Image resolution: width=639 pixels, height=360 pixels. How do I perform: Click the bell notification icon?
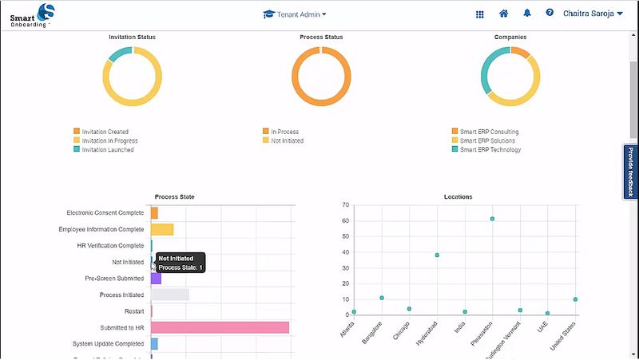[526, 14]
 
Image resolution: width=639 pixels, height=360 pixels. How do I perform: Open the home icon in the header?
[503, 14]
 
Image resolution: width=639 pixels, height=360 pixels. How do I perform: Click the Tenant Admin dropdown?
[295, 14]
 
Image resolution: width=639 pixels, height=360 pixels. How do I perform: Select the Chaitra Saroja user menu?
[593, 14]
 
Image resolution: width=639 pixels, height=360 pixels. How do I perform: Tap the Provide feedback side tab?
[630, 172]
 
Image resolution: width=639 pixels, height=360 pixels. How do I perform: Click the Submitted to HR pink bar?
[220, 327]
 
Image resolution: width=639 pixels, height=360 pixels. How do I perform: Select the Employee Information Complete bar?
[162, 230]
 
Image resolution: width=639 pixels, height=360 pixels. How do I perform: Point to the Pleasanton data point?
[493, 219]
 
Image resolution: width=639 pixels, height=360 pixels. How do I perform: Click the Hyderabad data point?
[437, 255]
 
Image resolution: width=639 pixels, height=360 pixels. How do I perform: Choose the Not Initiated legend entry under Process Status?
[287, 140]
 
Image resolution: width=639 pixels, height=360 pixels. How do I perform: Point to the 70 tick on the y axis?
[346, 205]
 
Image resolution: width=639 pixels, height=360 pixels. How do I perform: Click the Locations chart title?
[458, 196]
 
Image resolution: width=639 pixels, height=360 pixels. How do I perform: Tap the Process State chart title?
[174, 196]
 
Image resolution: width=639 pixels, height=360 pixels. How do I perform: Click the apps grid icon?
[480, 14]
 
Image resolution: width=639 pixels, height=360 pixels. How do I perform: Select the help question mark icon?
[550, 14]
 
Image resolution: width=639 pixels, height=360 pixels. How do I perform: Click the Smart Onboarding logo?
[32, 14]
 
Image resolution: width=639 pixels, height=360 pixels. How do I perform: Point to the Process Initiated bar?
[170, 295]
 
